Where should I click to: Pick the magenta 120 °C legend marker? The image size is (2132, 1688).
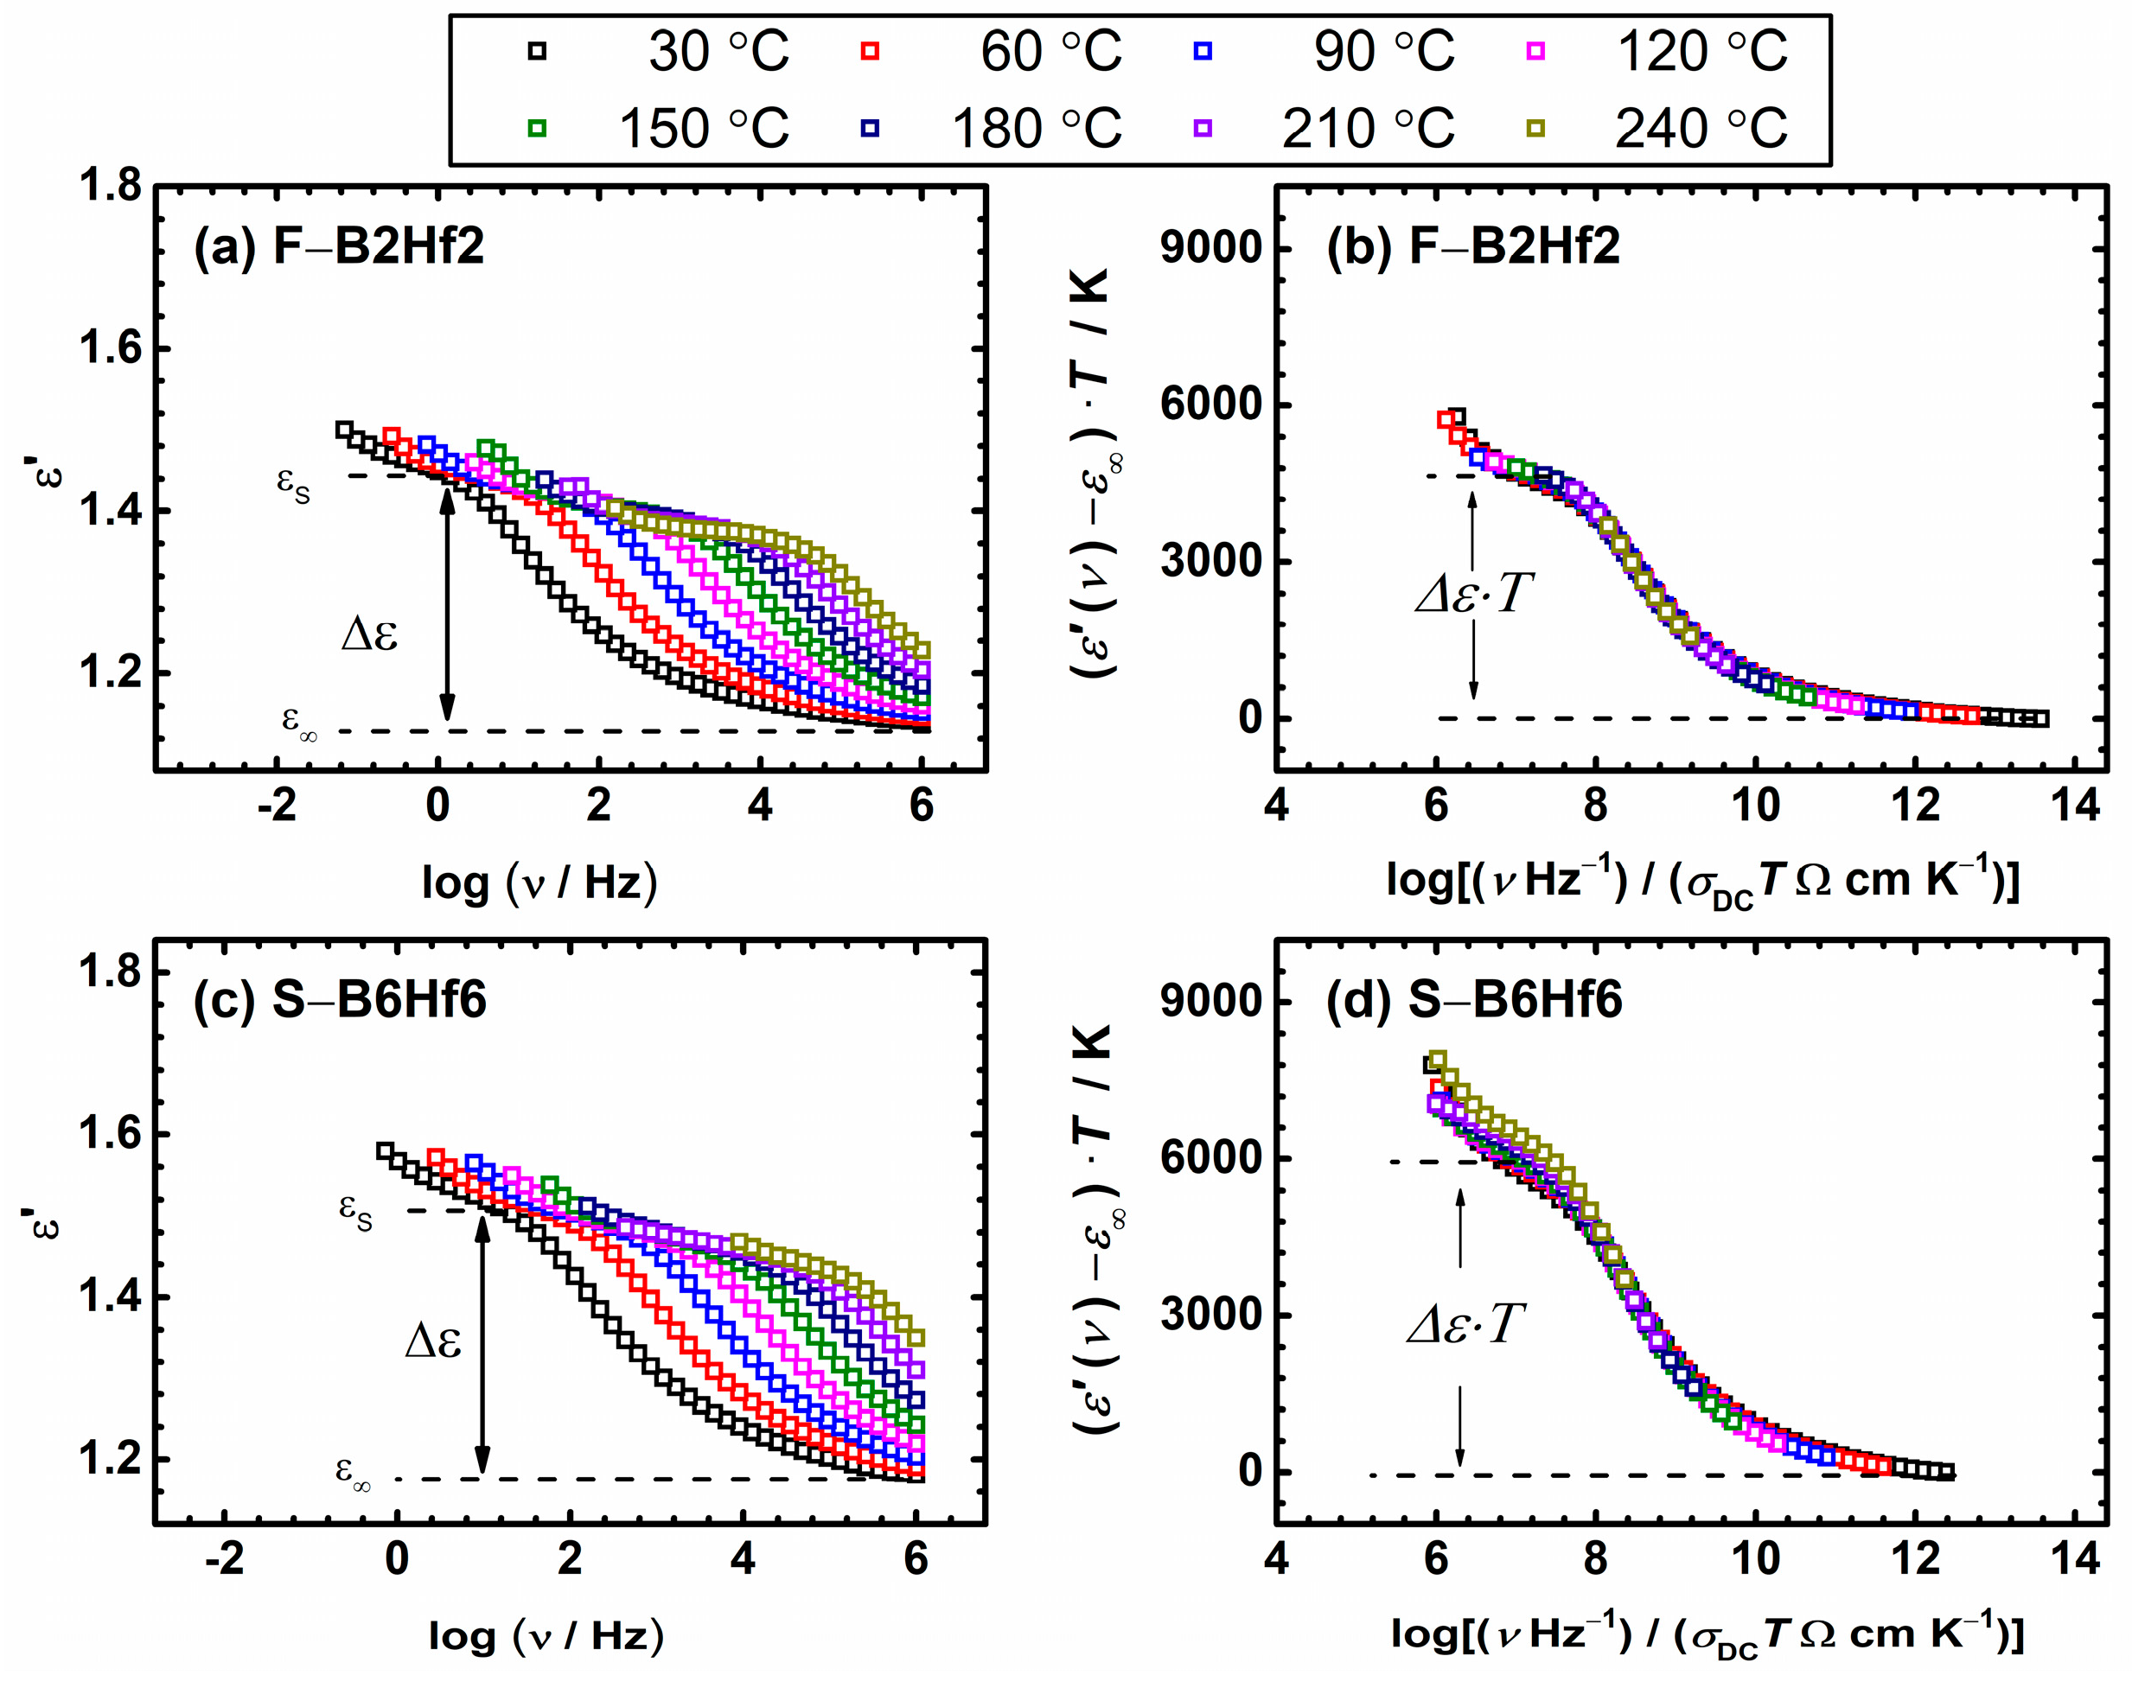(x=1535, y=51)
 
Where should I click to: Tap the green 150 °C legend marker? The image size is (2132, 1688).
(x=537, y=129)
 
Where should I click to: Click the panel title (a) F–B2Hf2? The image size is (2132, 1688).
(x=339, y=246)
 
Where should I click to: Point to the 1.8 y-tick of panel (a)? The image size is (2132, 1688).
(x=110, y=186)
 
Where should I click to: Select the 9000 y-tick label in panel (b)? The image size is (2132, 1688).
(x=1212, y=247)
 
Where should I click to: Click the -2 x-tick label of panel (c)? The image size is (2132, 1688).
(x=225, y=1558)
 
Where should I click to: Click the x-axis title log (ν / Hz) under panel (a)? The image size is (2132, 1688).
(x=539, y=882)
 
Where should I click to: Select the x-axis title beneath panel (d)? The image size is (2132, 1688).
(x=1707, y=1634)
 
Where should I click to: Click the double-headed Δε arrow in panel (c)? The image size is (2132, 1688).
(x=482, y=1344)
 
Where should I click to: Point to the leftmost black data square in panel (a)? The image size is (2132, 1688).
(x=344, y=430)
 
